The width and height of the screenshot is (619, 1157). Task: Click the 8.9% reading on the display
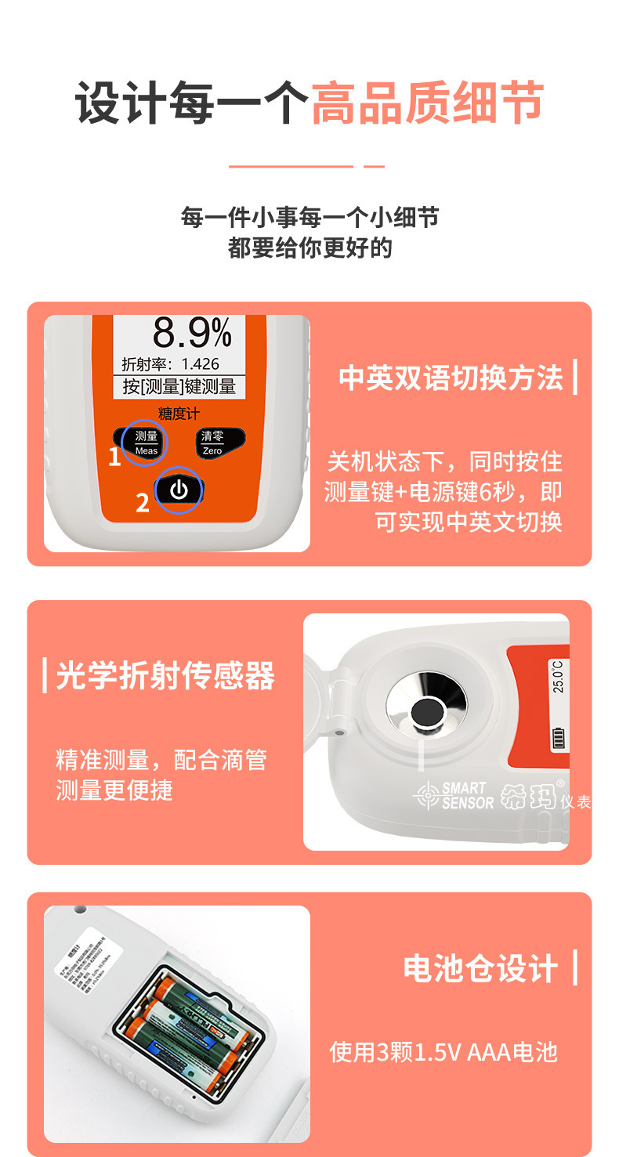[x=192, y=334]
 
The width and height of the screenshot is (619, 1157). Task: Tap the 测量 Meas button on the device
[x=147, y=442]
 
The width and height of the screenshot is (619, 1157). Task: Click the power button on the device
[x=179, y=491]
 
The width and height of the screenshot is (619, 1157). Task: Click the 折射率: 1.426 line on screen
[x=171, y=364]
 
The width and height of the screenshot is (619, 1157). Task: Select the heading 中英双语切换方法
[x=451, y=378]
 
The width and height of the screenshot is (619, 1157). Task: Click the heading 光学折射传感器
[x=165, y=675]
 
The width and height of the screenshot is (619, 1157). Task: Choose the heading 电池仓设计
[x=480, y=968]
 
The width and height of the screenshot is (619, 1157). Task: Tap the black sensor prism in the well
[x=426, y=714]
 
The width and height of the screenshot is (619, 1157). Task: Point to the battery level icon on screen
[x=559, y=738]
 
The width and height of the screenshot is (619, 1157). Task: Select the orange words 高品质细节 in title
[x=427, y=103]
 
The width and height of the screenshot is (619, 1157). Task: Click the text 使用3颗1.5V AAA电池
[x=443, y=1052]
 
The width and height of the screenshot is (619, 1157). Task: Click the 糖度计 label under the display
[x=179, y=414]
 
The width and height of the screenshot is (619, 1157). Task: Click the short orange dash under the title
[x=375, y=166]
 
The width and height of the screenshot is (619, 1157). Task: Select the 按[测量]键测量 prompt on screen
[x=179, y=386]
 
